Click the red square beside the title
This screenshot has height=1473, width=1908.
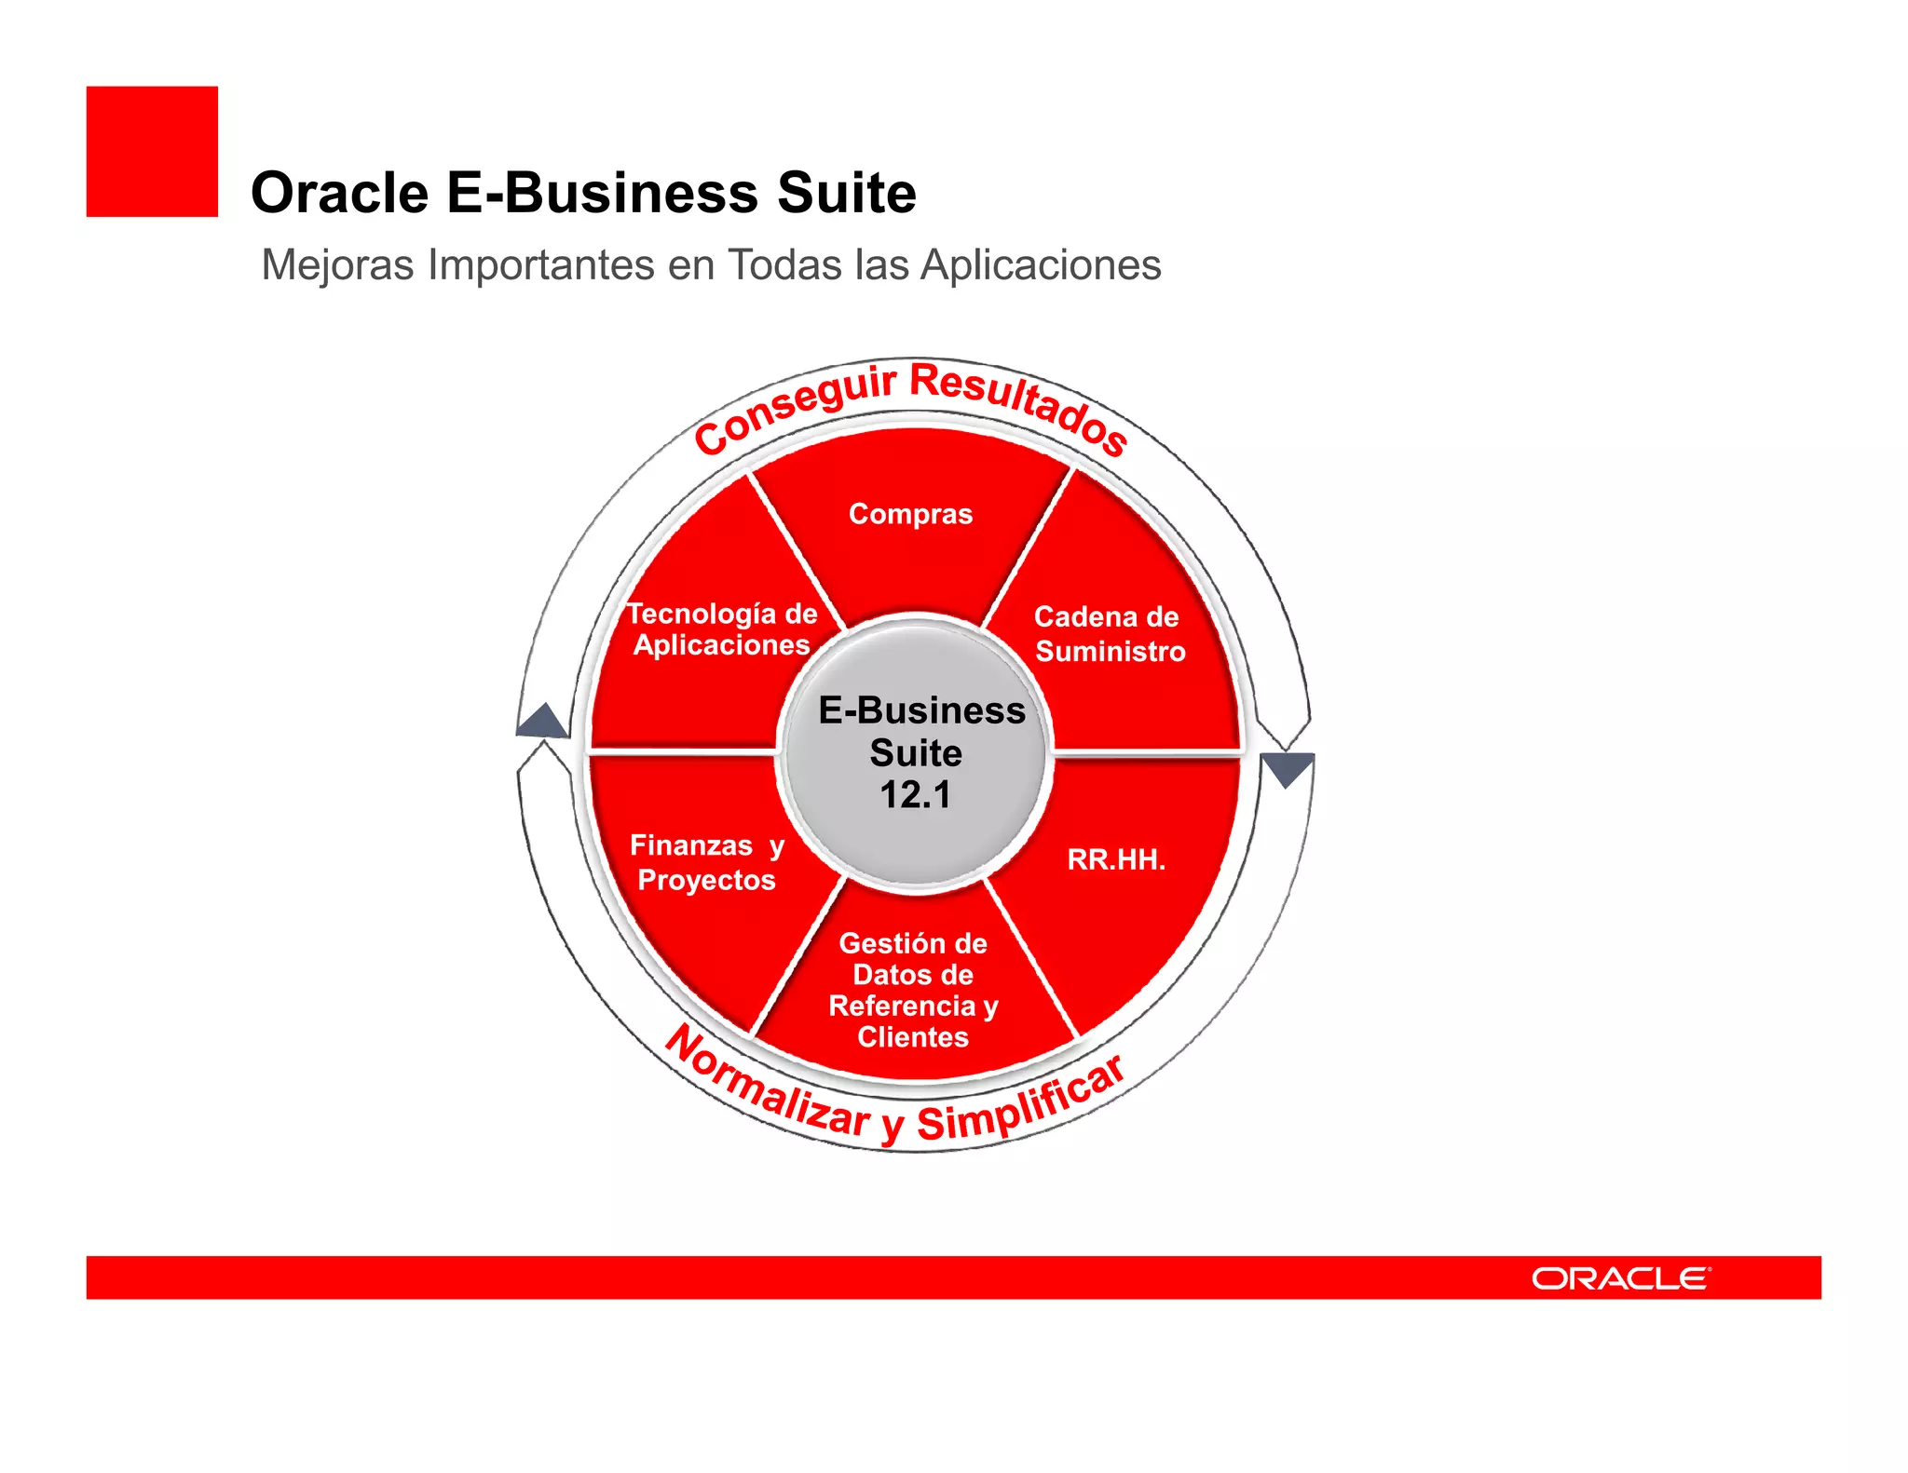pyautogui.click(x=152, y=152)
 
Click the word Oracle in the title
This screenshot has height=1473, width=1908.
pyautogui.click(x=340, y=194)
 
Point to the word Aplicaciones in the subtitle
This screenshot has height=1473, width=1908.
pyautogui.click(x=1041, y=265)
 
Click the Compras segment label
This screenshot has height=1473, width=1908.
pyautogui.click(x=910, y=514)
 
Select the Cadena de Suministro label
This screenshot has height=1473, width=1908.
pyautogui.click(x=1109, y=634)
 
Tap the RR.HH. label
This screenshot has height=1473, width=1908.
pyautogui.click(x=1115, y=859)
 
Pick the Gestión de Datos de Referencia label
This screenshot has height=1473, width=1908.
pyautogui.click(x=913, y=990)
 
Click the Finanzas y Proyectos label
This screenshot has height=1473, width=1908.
pyautogui.click(x=707, y=862)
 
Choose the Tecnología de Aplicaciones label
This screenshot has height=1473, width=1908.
pyautogui.click(x=721, y=629)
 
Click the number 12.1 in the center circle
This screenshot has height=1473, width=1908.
pyautogui.click(x=916, y=795)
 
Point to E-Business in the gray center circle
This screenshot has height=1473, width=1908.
pyautogui.click(x=921, y=710)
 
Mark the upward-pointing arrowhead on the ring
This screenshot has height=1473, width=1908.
pyautogui.click(x=543, y=721)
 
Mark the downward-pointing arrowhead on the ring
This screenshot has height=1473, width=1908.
pyautogui.click(x=1287, y=769)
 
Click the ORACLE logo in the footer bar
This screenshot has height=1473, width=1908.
pyautogui.click(x=1621, y=1278)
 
